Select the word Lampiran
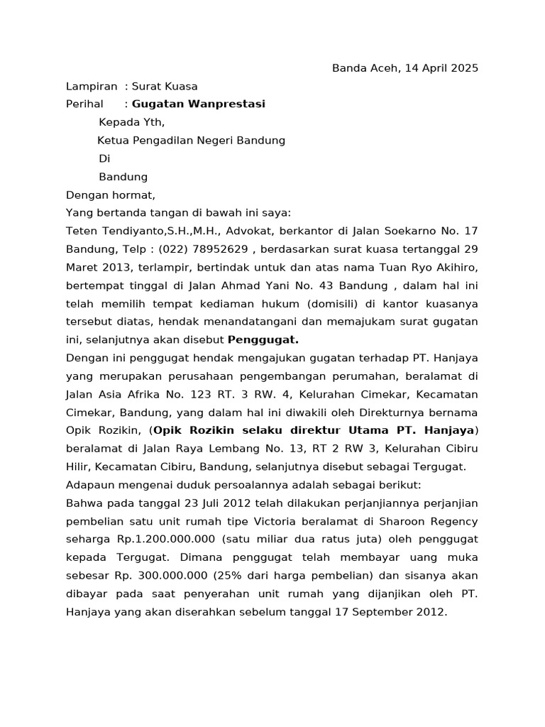pos(92,87)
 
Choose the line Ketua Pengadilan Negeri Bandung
pos(192,141)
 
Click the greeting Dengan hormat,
pos(110,195)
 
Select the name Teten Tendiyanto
pos(116,231)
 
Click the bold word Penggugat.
pos(263,340)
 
